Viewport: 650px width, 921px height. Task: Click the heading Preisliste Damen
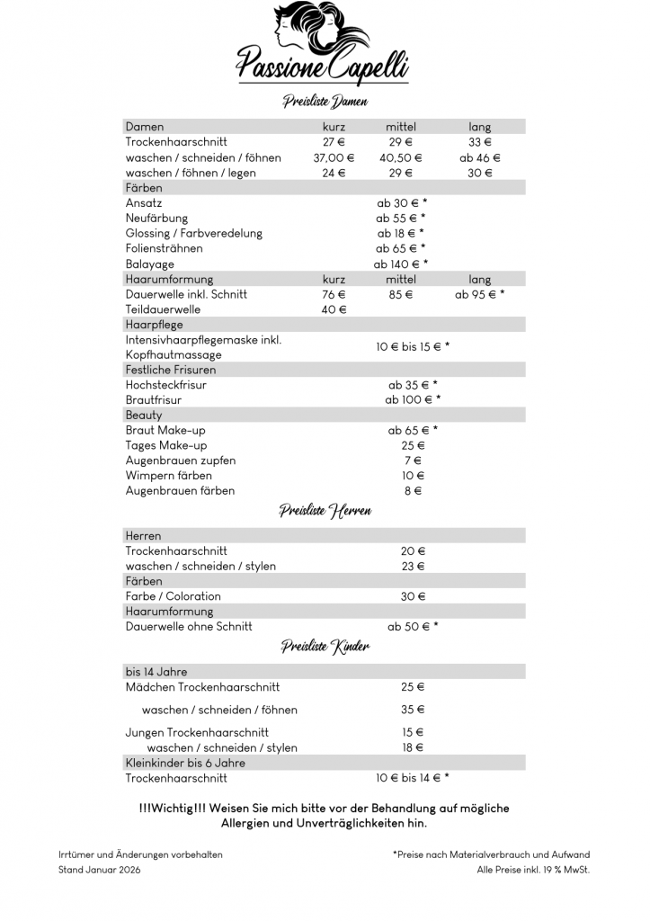click(x=325, y=102)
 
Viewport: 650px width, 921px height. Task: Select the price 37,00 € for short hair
click(x=334, y=157)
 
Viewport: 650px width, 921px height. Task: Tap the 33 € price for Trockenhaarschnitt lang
click(x=480, y=142)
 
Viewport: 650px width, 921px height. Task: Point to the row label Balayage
click(x=149, y=264)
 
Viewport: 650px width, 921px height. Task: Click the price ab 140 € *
click(x=401, y=264)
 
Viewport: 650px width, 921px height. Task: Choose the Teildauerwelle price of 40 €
click(x=334, y=309)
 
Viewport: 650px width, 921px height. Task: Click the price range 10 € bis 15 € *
click(x=413, y=346)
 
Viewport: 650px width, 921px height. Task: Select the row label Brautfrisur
click(x=154, y=399)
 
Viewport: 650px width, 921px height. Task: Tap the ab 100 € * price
click(x=413, y=399)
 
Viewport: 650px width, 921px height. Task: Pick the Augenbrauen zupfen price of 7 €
click(x=413, y=460)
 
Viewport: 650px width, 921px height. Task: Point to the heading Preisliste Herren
click(x=325, y=511)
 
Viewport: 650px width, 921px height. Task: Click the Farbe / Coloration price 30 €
click(x=413, y=596)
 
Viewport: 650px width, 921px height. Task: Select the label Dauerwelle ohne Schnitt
click(x=189, y=627)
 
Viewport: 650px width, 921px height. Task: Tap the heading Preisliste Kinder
click(x=325, y=647)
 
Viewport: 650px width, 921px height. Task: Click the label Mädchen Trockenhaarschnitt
click(x=202, y=687)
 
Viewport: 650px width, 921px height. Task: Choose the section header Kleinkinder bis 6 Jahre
click(x=185, y=763)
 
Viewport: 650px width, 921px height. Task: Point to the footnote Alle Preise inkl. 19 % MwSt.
click(x=533, y=870)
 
